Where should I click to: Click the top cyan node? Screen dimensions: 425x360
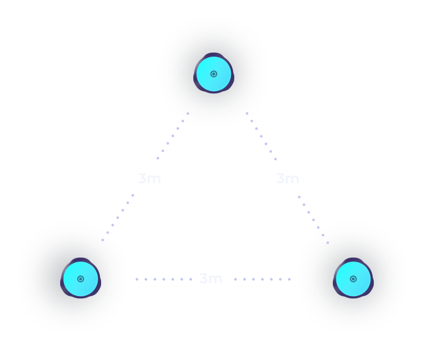(214, 73)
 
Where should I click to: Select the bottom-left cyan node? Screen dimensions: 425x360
(81, 278)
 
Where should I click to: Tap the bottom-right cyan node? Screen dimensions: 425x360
(353, 278)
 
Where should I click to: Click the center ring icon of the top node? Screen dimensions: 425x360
(214, 74)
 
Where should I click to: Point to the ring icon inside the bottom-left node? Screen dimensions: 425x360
(81, 279)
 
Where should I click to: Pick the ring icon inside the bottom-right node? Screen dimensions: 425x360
(353, 279)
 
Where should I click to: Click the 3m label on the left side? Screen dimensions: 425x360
(149, 179)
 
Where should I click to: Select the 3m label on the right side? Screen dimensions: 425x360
(288, 179)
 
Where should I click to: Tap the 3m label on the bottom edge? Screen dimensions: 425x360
(211, 278)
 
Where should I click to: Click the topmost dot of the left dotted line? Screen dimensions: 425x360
(188, 114)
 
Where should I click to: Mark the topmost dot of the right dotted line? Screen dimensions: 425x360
(247, 114)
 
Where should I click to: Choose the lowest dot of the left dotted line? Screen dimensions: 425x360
(102, 240)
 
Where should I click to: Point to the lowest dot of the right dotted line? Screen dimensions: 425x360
(328, 243)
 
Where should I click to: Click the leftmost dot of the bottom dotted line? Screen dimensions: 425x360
(137, 279)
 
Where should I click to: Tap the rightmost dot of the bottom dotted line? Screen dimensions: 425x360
(289, 279)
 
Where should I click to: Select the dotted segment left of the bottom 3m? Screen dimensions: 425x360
(164, 279)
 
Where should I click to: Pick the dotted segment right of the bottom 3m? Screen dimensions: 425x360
(262, 279)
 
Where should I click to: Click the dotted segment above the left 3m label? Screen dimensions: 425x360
(173, 136)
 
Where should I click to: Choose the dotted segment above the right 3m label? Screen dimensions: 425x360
(261, 136)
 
